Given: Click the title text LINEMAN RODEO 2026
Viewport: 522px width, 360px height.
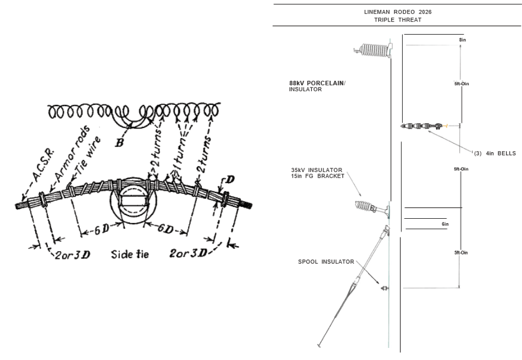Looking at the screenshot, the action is [x=398, y=12].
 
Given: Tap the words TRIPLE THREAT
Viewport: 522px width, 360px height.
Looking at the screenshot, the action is [x=398, y=20].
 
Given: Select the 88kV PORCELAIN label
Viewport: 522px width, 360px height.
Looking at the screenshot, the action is [x=317, y=83].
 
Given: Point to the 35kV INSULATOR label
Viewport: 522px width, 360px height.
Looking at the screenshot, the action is [x=317, y=170].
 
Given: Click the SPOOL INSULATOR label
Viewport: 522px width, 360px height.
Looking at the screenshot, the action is [x=326, y=262].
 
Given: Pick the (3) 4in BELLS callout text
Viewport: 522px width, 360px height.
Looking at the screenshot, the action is [x=495, y=153].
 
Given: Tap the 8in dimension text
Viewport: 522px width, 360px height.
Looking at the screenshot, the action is [x=463, y=40].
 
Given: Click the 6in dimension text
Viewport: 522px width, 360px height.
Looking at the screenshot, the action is [x=445, y=224].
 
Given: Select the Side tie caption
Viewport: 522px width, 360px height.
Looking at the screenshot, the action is [x=130, y=254].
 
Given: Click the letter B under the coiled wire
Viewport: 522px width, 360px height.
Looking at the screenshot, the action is [x=119, y=143].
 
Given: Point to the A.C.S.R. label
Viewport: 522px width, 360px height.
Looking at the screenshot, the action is [x=43, y=167].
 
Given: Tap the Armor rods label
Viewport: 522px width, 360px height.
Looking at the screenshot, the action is [x=72, y=154].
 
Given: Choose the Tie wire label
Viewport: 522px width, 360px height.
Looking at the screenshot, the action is [x=88, y=155].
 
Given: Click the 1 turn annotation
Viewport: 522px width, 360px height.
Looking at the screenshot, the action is [x=182, y=154].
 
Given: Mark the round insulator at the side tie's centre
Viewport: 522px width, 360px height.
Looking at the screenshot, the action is [x=133, y=201].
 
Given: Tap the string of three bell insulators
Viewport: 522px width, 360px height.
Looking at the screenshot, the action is [x=421, y=126].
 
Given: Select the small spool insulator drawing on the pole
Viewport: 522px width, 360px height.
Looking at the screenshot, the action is [x=384, y=288].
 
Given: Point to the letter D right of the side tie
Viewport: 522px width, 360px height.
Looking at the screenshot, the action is [x=230, y=180].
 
